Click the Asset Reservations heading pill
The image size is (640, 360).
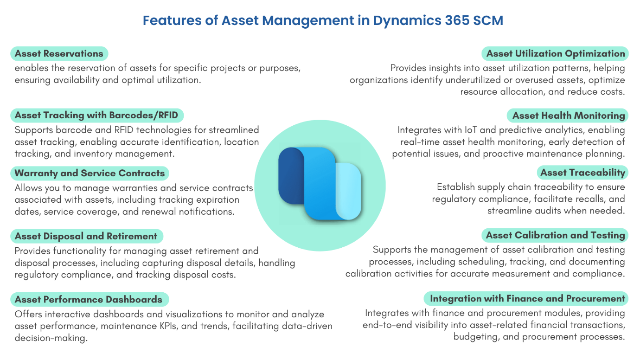point(59,53)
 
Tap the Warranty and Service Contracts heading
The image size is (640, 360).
point(90,173)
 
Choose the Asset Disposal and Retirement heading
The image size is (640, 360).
point(86,236)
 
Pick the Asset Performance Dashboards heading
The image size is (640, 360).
point(89,299)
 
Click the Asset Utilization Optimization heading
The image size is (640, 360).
point(556,53)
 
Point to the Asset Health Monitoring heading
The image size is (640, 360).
point(569,115)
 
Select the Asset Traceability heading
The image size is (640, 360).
point(582,173)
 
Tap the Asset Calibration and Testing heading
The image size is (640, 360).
point(555,235)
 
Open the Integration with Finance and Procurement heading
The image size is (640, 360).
point(527,298)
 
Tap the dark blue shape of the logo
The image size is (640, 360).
point(289,176)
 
